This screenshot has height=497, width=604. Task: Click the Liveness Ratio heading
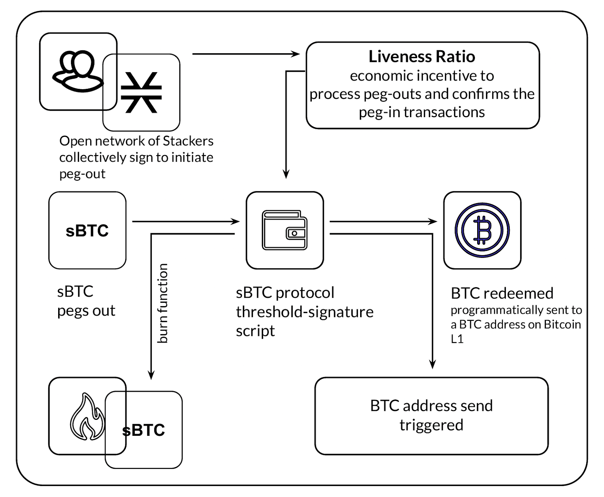click(x=422, y=57)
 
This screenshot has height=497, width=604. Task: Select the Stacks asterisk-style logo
click(x=141, y=93)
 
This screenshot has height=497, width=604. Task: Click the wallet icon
click(x=285, y=230)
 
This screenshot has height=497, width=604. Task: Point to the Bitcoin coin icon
click(x=482, y=230)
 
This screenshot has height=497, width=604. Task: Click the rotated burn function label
click(x=162, y=303)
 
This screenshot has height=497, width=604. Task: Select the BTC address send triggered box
click(x=431, y=415)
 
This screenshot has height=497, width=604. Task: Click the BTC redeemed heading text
click(x=502, y=293)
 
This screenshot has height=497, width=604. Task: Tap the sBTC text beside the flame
click(x=144, y=430)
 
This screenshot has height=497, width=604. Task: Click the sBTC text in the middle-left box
click(x=87, y=231)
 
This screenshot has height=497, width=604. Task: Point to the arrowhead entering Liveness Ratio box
click(x=296, y=54)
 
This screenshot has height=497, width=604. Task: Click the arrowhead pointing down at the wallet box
click(x=286, y=174)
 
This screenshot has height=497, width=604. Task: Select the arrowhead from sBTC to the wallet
click(x=236, y=221)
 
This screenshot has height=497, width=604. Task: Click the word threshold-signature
click(x=305, y=312)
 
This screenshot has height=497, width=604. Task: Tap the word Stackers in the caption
click(x=188, y=141)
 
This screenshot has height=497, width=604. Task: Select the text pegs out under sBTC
click(x=86, y=311)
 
